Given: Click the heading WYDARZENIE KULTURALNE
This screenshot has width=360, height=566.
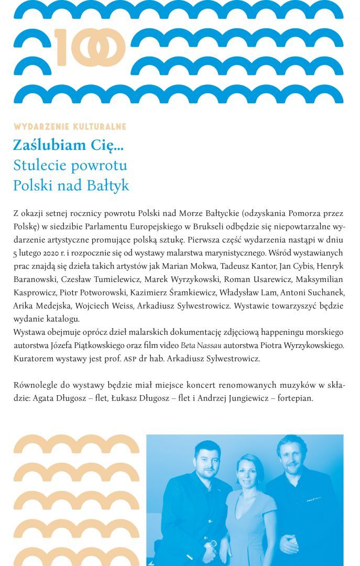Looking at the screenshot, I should click(x=70, y=127).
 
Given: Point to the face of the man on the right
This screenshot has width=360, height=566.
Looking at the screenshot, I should click(x=291, y=453).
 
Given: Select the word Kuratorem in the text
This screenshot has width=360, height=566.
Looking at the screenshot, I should click(x=34, y=359).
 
